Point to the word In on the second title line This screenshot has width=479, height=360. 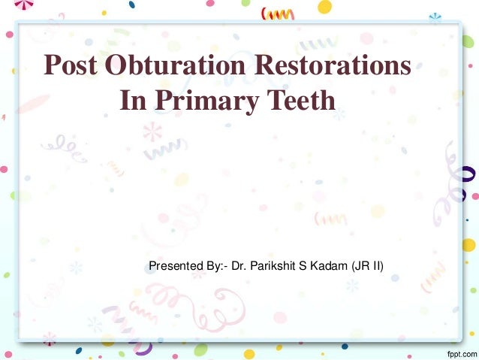click(x=132, y=101)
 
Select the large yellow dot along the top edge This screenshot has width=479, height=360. click(x=324, y=7)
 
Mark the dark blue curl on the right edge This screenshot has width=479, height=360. click(x=470, y=175)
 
